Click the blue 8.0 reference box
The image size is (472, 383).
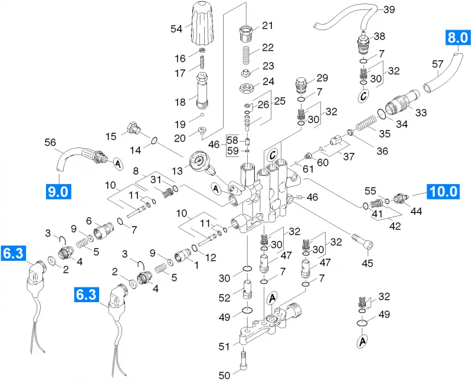point(458,38)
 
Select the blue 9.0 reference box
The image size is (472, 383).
point(58,191)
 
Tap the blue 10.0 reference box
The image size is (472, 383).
point(444,191)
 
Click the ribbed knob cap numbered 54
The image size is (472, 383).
point(202,23)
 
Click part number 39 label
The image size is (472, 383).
point(389,9)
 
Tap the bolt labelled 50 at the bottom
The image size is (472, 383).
point(244,362)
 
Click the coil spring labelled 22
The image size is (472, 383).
point(246,55)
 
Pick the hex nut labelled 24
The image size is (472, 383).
point(246,88)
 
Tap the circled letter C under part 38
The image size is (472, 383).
point(363,96)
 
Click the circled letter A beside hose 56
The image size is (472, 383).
point(117,164)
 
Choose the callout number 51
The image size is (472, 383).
point(224,346)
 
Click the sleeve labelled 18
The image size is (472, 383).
point(202,91)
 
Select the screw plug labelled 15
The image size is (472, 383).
point(133,128)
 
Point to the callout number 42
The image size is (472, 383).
point(395,226)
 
